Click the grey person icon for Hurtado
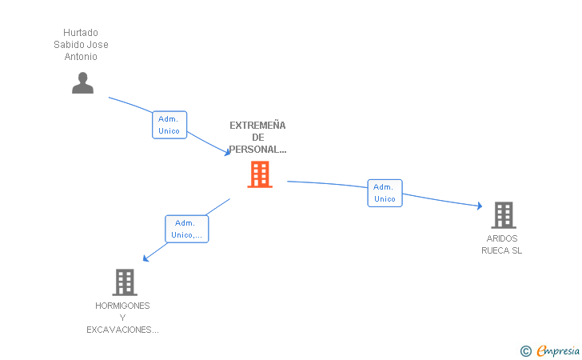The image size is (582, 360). [x=82, y=82]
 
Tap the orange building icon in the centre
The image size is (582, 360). [x=260, y=174]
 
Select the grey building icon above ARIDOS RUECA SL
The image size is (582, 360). [x=504, y=214]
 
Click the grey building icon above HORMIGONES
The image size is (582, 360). [x=125, y=282]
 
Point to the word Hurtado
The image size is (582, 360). [x=81, y=33]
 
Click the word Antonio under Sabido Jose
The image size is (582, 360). [x=81, y=57]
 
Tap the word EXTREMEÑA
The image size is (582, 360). [x=257, y=125]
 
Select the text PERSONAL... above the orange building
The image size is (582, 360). [x=257, y=150]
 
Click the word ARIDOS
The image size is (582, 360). [x=502, y=238]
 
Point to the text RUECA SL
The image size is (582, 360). [x=502, y=250]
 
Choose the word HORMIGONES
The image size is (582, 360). [x=122, y=306]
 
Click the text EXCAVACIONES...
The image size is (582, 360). [x=122, y=330]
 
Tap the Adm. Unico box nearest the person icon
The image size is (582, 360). [x=169, y=125]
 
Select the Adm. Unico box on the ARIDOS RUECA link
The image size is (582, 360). [x=385, y=193]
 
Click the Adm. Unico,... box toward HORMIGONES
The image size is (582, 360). [x=186, y=229]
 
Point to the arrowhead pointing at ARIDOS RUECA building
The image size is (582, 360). [x=480, y=206]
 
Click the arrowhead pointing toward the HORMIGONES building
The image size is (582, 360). [x=145, y=258]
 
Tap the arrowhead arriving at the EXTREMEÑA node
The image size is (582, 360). [x=228, y=152]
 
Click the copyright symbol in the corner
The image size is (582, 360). [x=525, y=350]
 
